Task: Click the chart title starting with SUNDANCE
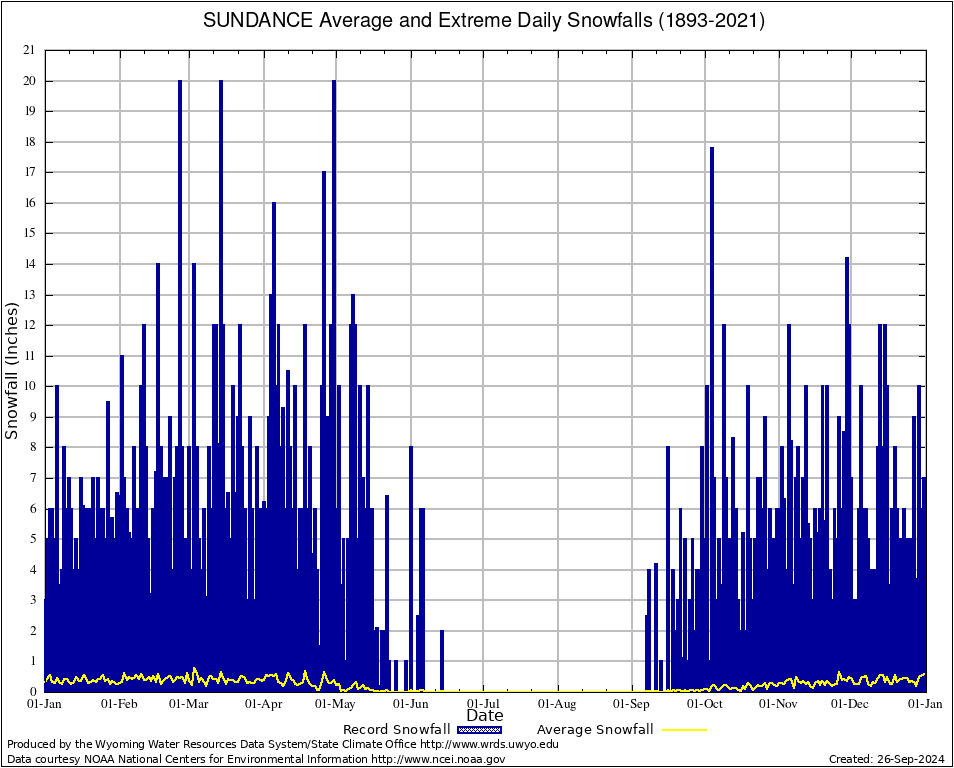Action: coord(484,21)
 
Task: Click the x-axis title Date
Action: coord(485,716)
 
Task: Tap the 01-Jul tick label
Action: coord(484,704)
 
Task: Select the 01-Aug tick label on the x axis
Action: coord(558,704)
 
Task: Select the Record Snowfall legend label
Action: coord(394,730)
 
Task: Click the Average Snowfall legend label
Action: coord(595,730)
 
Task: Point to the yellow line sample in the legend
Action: coord(684,730)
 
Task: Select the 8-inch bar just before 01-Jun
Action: coord(411,560)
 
